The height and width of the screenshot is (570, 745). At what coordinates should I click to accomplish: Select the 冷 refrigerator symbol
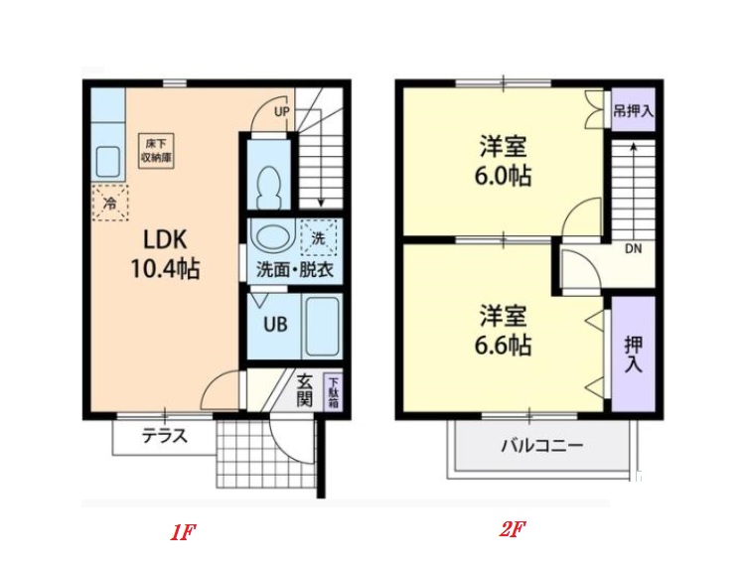click(111, 203)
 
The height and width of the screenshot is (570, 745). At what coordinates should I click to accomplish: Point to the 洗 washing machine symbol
click(318, 238)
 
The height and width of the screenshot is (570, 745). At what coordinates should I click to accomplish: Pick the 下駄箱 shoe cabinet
click(334, 393)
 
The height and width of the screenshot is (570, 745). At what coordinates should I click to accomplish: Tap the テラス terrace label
click(164, 435)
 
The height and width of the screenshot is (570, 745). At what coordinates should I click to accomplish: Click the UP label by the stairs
click(281, 112)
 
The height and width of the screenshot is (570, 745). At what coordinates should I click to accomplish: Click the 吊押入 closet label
click(633, 110)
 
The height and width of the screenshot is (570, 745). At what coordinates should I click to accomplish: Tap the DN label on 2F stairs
click(633, 248)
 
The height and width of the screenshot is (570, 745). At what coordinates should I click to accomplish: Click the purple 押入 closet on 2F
click(633, 353)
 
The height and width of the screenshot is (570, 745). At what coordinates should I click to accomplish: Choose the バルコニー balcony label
click(541, 445)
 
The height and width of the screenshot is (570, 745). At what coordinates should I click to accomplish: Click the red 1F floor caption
click(182, 531)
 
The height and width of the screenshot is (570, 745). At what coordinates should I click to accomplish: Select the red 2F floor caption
click(511, 529)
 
